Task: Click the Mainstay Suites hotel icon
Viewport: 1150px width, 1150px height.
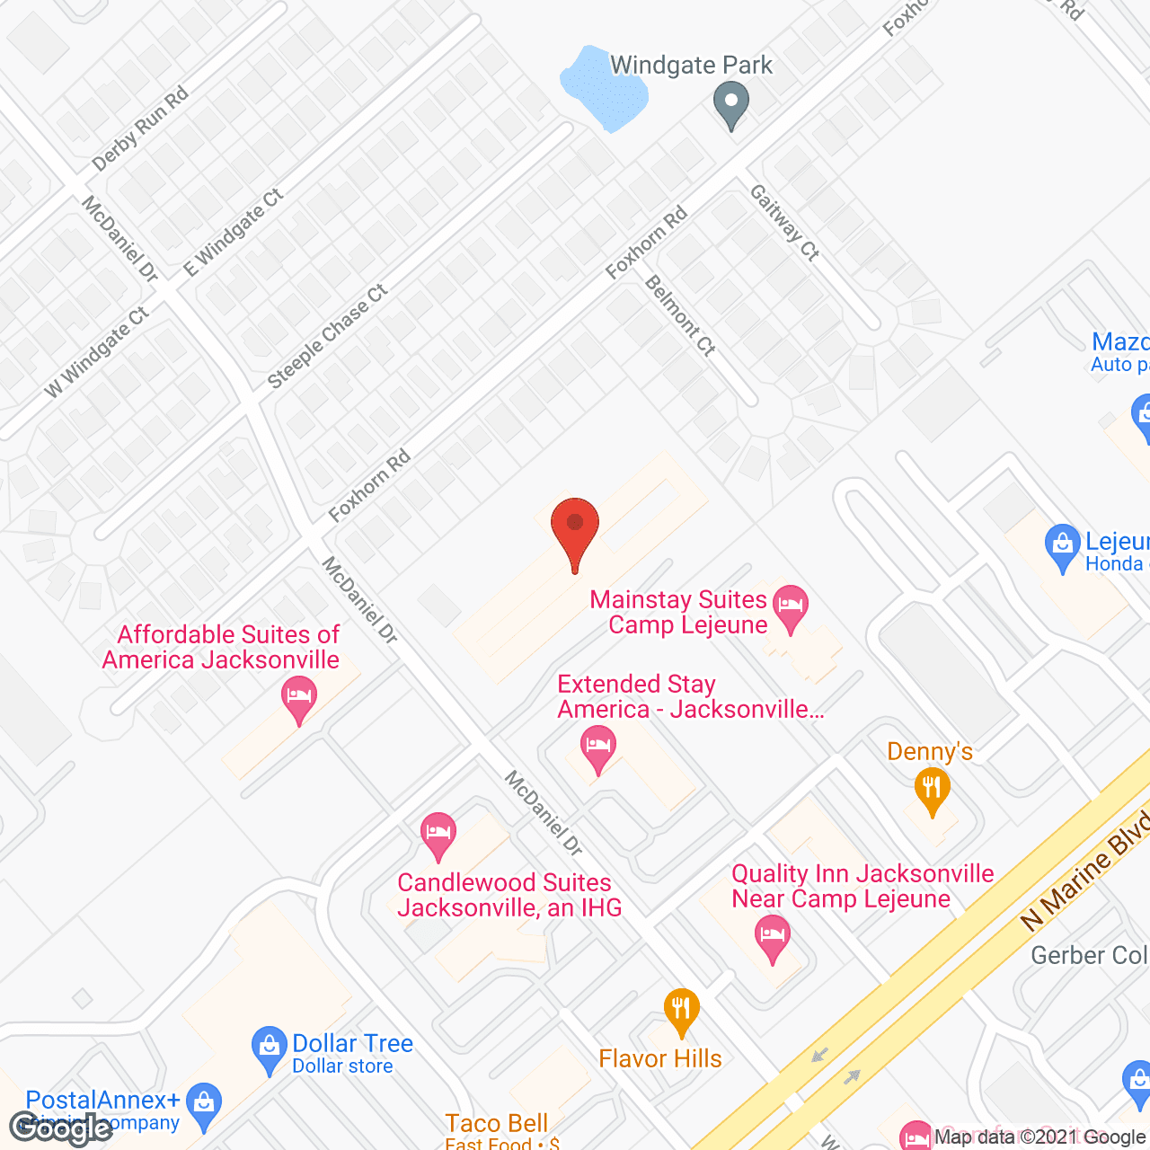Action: pyautogui.click(x=791, y=606)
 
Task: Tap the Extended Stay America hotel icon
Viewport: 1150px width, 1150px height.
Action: pyautogui.click(x=597, y=747)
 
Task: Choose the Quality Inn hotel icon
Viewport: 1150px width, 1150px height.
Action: pyautogui.click(x=772, y=936)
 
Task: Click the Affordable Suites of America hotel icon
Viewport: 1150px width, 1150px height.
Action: pyautogui.click(x=299, y=698)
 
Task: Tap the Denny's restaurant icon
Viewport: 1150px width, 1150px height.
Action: pyautogui.click(x=932, y=791)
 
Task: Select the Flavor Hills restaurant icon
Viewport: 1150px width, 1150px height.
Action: pyautogui.click(x=682, y=1010)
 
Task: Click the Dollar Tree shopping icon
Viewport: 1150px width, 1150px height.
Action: pyautogui.click(x=269, y=1048)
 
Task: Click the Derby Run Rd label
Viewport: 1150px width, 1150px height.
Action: pyautogui.click(x=140, y=128)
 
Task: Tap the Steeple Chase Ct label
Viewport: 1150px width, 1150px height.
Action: pyautogui.click(x=328, y=337)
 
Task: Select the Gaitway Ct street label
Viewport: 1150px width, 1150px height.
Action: pyautogui.click(x=784, y=223)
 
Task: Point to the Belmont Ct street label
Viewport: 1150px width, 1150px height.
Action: pyautogui.click(x=680, y=315)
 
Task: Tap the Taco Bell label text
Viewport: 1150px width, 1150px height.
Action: pyautogui.click(x=497, y=1123)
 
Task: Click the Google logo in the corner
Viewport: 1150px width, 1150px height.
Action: pyautogui.click(x=61, y=1128)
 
